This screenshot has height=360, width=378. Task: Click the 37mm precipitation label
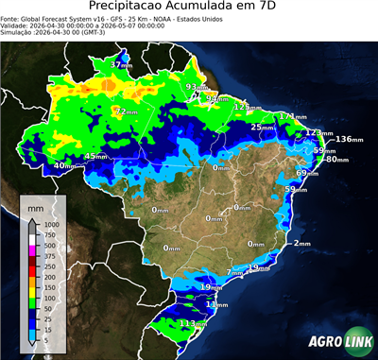tap(121, 64)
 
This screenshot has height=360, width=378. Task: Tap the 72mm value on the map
tap(123, 111)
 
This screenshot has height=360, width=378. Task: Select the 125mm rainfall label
tap(249, 108)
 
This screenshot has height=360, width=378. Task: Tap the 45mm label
tap(96, 156)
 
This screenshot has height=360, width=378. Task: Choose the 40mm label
tap(63, 166)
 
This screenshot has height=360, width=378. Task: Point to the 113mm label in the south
tap(194, 323)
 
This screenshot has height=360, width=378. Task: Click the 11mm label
tap(217, 305)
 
